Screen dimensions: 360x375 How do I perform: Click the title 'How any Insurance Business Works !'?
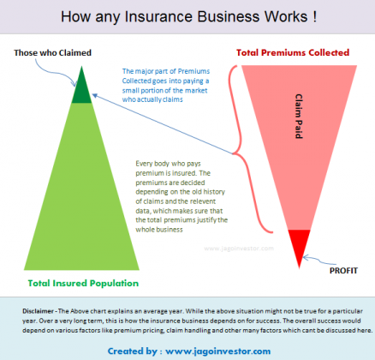[187, 16]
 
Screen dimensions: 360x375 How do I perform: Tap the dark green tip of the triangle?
[83, 90]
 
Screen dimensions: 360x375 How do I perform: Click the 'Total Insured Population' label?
[82, 282]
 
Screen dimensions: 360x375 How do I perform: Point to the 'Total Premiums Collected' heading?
[293, 52]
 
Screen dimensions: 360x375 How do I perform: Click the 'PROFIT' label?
[345, 270]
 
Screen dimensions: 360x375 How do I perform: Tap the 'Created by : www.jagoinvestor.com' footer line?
[187, 351]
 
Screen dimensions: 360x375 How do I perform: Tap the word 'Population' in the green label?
[112, 282]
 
